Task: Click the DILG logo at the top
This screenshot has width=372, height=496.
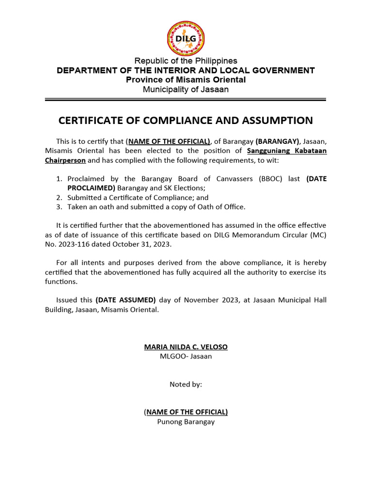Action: pos(186,39)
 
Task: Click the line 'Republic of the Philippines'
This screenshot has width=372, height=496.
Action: pos(186,61)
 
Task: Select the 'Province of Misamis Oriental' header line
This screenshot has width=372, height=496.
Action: pos(186,80)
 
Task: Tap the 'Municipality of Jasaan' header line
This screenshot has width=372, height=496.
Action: pos(186,90)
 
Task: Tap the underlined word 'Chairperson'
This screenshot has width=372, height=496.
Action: pos(65,160)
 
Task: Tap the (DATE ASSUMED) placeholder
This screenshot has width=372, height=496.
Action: pos(125,300)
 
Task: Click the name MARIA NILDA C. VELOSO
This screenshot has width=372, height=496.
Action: pos(186,347)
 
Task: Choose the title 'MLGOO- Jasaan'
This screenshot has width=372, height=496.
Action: pos(186,356)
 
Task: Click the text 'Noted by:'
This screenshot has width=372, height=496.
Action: pos(186,385)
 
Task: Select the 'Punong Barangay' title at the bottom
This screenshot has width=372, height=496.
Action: pos(186,422)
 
